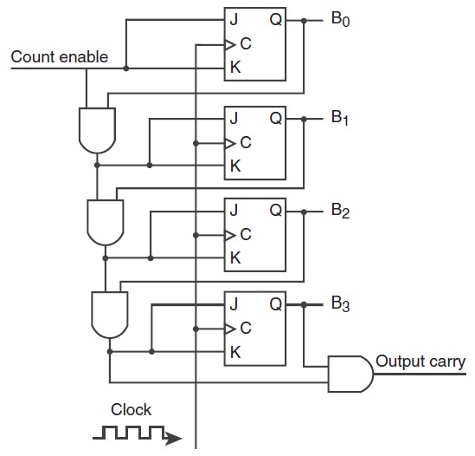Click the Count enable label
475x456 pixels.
click(x=60, y=56)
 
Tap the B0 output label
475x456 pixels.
click(x=341, y=19)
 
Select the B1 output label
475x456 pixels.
click(x=340, y=118)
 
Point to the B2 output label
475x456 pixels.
click(x=341, y=211)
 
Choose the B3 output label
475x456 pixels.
click(x=341, y=303)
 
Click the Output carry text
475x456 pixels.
click(x=420, y=362)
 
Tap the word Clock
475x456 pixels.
click(x=131, y=409)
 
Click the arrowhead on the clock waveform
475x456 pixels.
click(x=173, y=438)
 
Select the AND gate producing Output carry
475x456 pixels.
click(x=350, y=374)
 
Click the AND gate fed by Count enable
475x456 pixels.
click(x=97, y=131)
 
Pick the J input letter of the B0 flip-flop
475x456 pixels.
click(x=234, y=20)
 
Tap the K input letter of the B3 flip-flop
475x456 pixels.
click(x=235, y=352)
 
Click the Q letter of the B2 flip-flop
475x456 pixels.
click(x=276, y=210)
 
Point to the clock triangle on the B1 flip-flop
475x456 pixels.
click(x=230, y=143)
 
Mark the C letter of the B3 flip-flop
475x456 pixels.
click(x=246, y=328)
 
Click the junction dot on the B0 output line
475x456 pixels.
click(x=304, y=21)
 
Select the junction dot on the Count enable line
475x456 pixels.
click(x=126, y=68)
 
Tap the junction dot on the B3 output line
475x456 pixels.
click(x=304, y=304)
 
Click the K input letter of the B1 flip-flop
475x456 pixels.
click(x=235, y=166)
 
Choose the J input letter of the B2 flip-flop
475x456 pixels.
click(x=234, y=210)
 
